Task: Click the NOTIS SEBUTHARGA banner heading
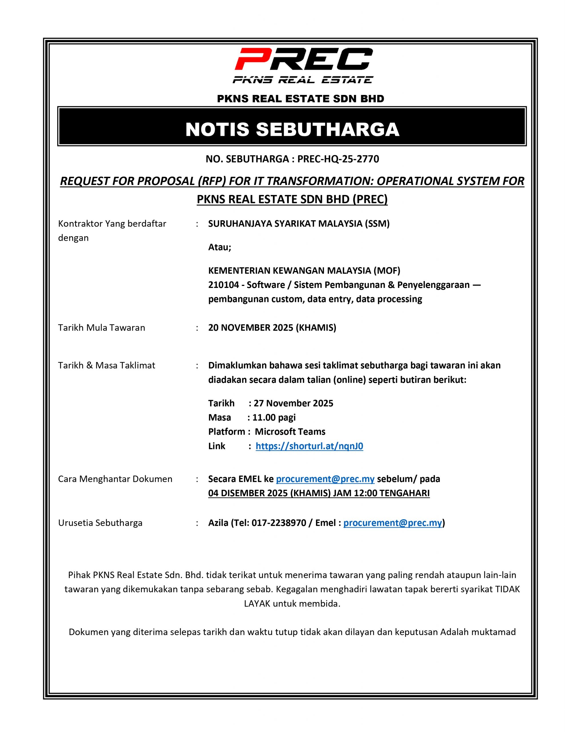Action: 292,129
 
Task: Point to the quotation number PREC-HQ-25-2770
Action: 338,159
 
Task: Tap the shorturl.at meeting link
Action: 309,446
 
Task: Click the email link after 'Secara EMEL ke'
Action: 325,479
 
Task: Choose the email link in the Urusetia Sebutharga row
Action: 392,523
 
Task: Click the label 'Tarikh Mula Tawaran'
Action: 101,327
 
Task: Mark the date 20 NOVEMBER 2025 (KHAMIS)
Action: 272,327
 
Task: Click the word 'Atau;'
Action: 220,247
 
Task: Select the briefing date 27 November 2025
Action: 293,403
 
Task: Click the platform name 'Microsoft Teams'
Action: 290,432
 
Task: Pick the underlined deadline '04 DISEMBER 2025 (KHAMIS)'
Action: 269,493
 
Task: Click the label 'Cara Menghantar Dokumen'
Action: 115,479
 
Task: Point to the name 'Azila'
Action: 218,523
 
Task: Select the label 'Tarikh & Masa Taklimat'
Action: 107,365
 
